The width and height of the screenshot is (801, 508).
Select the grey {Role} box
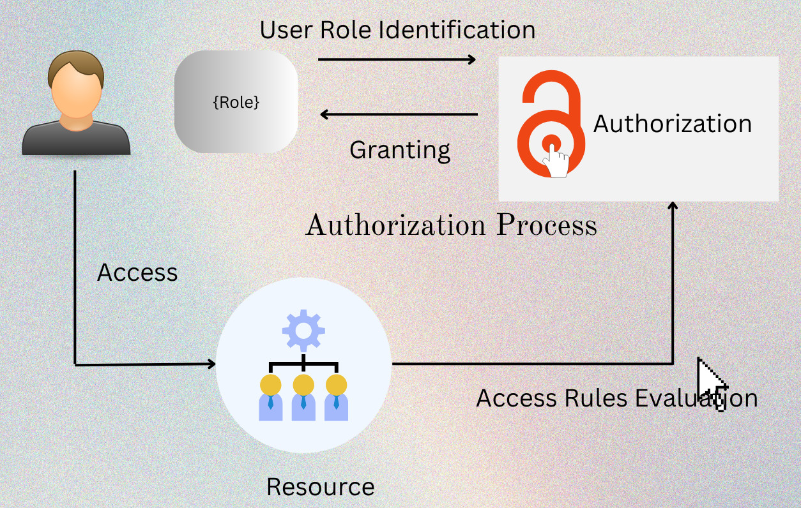[x=236, y=102]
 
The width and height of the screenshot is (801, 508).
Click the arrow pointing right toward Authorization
[x=397, y=59]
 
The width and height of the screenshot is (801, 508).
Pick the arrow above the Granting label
[x=399, y=115]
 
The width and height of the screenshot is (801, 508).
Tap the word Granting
[x=400, y=150]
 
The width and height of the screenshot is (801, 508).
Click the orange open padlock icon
[x=550, y=124]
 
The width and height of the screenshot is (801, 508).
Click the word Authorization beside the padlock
[x=673, y=124]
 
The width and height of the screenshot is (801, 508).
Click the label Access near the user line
[x=137, y=273]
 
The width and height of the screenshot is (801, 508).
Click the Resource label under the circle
[x=320, y=487]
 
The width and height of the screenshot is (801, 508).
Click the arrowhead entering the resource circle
[x=211, y=364]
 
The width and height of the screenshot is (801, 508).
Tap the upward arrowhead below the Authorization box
[x=673, y=206]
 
